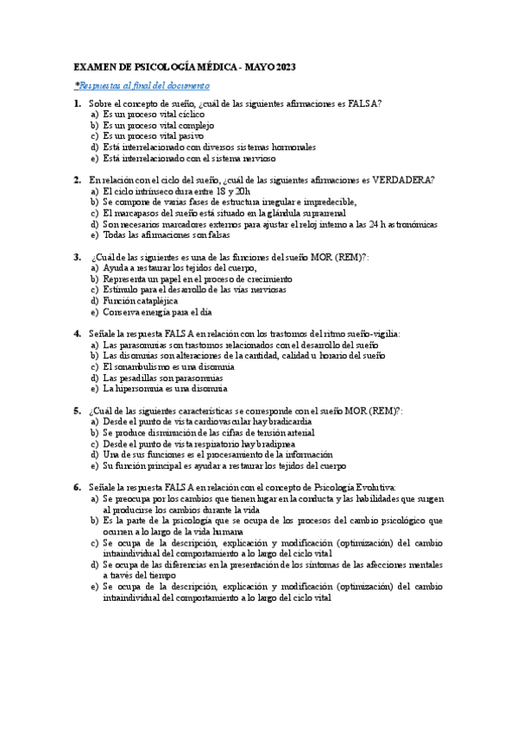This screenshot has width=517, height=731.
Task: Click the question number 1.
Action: [x=77, y=104]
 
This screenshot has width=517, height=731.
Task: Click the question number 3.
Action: [x=77, y=257]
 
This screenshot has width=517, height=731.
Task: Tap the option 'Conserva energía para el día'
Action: [x=157, y=312]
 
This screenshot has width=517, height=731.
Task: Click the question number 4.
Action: [x=77, y=334]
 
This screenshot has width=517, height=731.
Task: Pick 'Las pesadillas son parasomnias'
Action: [x=163, y=378]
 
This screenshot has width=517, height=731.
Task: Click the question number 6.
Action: [x=77, y=487]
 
